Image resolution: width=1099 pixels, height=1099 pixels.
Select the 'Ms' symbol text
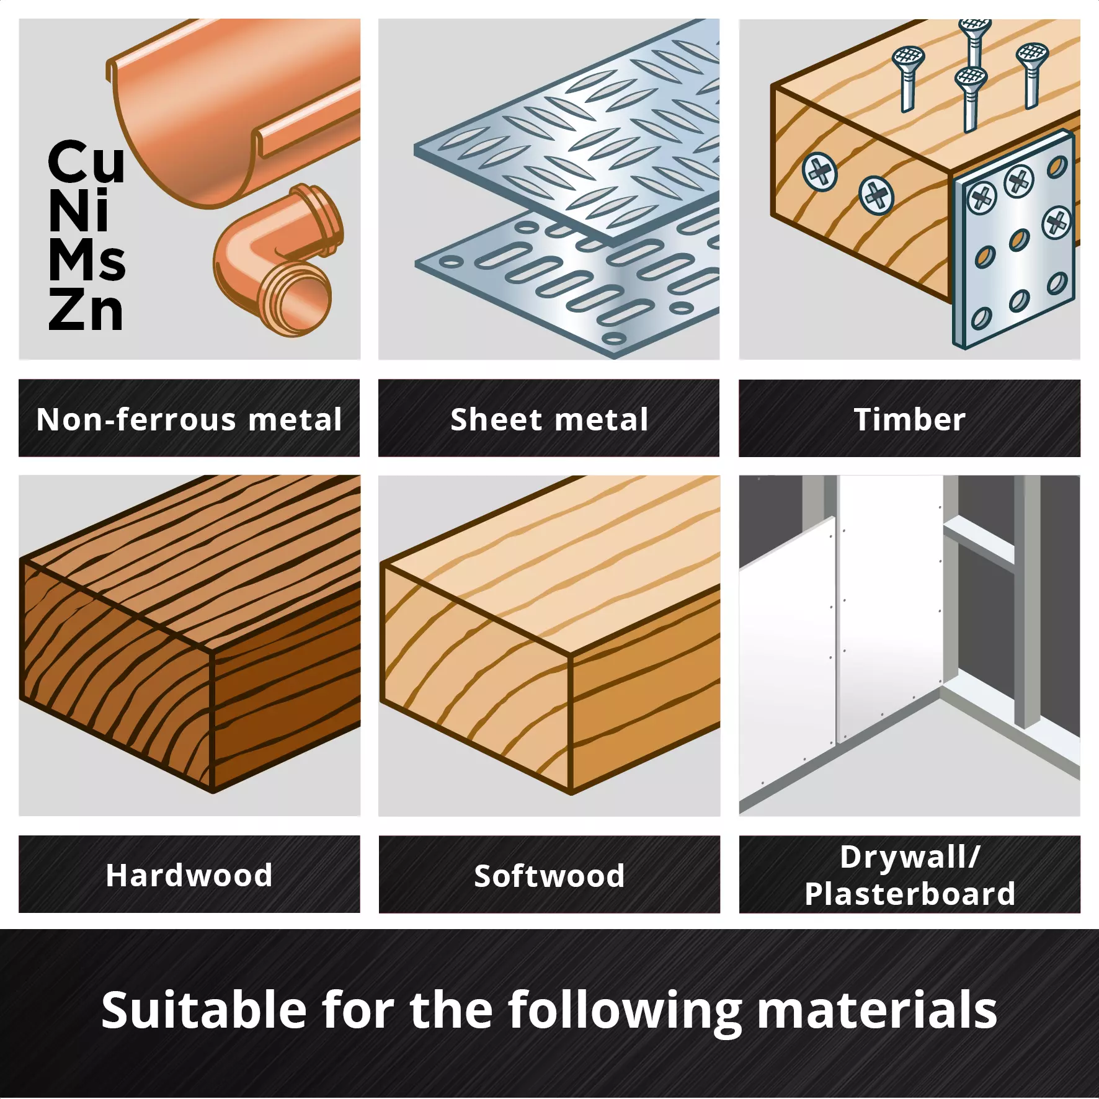point(87,259)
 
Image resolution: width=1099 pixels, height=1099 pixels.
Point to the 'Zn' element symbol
point(86,309)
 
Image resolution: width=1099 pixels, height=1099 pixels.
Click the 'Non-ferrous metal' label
point(189,419)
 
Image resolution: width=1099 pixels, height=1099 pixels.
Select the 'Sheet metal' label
point(549,419)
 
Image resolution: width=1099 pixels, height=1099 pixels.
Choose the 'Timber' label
point(910,419)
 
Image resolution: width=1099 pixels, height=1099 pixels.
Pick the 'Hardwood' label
point(189,875)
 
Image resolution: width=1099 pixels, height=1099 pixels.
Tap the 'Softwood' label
point(549,876)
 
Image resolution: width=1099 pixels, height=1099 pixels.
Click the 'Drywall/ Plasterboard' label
point(910,875)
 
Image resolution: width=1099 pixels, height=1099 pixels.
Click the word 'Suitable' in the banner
point(203,1010)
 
